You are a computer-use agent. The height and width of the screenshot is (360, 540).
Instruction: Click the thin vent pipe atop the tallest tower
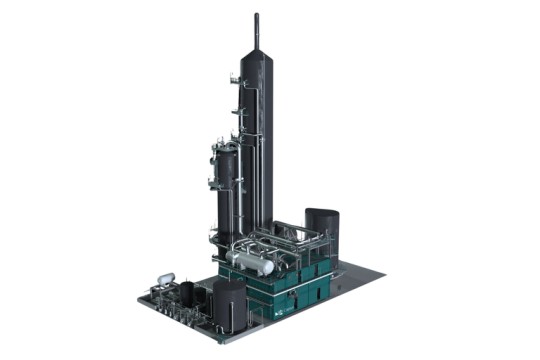pyautogui.click(x=257, y=24)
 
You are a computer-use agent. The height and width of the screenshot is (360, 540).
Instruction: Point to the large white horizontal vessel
pyautogui.click(x=250, y=263)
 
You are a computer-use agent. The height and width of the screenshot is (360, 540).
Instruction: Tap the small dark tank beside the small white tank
pyautogui.click(x=186, y=292)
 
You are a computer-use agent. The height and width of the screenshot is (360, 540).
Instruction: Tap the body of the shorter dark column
pyautogui.click(x=227, y=195)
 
